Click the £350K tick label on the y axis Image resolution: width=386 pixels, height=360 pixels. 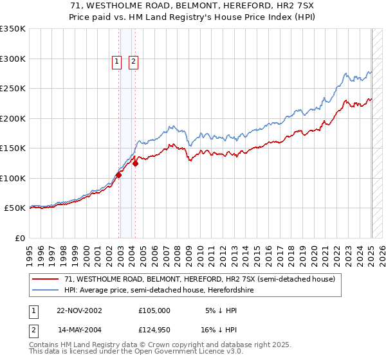coord(12,29)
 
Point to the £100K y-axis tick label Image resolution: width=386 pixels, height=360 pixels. coord(12,178)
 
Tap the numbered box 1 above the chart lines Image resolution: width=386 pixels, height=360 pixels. coord(117,62)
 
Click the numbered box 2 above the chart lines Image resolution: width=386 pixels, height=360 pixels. coord(133,62)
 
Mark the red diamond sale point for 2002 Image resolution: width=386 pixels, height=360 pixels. coord(119,175)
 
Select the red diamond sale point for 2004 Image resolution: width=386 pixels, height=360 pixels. coord(136,163)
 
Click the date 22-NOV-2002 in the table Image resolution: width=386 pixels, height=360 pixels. coord(80,310)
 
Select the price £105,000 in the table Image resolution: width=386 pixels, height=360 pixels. coord(154,310)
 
